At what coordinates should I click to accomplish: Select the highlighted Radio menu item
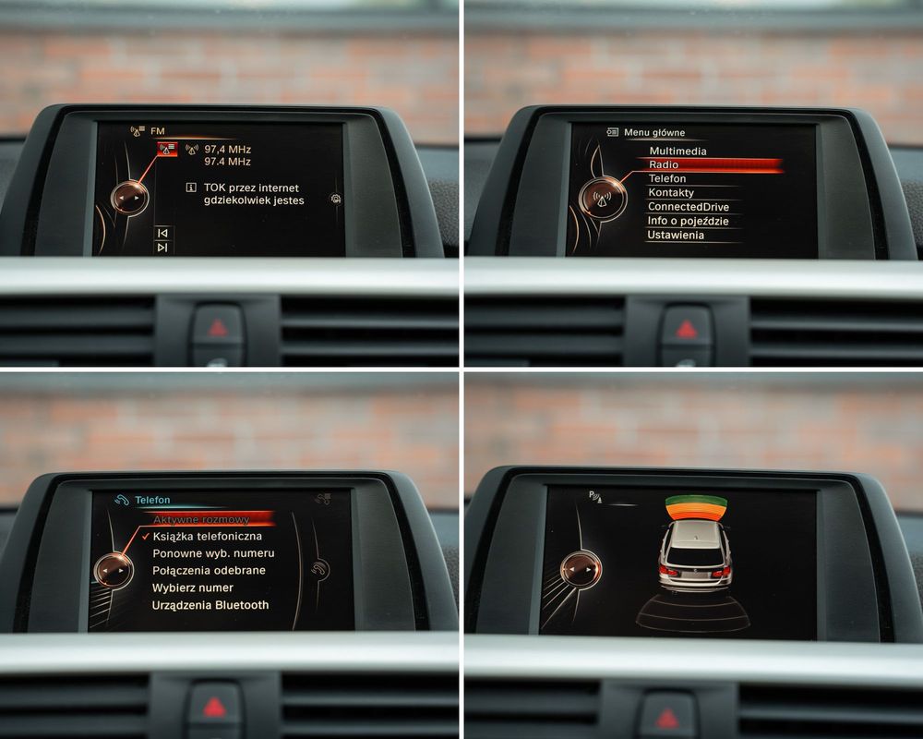[x=664, y=165]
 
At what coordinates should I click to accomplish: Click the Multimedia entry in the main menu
[x=677, y=151]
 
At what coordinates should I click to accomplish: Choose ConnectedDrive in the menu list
[x=689, y=207]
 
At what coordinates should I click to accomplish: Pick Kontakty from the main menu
[x=671, y=193]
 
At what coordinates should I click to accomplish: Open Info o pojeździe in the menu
[x=689, y=221]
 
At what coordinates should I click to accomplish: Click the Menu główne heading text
[x=654, y=133]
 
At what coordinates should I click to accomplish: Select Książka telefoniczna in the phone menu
[x=207, y=537]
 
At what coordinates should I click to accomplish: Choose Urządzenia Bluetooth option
[x=210, y=605]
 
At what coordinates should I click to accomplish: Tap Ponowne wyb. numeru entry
[x=213, y=553]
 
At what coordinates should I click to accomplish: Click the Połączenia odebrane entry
[x=209, y=571]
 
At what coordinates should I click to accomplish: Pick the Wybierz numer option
[x=193, y=588]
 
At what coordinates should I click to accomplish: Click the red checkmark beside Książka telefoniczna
[x=145, y=535]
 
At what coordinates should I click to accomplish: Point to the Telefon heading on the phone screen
[x=152, y=500]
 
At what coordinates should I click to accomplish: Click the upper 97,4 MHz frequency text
[x=228, y=149]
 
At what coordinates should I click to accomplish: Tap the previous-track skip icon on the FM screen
[x=162, y=234]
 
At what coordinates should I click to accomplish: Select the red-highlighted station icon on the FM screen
[x=167, y=148]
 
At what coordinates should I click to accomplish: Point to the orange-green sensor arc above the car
[x=696, y=507]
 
